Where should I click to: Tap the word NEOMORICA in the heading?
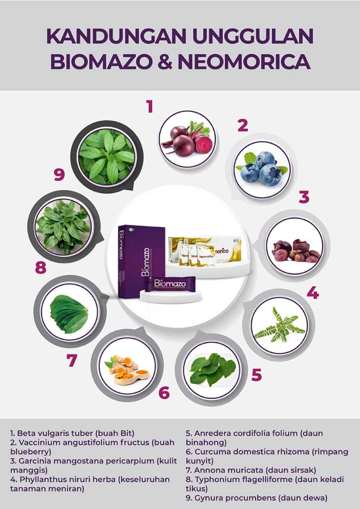(244, 62)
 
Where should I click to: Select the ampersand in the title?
(165, 62)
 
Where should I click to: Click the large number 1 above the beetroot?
(149, 106)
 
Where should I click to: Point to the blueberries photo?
(262, 170)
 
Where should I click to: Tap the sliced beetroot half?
(203, 145)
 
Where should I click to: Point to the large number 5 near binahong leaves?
(257, 375)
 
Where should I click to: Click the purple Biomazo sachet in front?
(170, 284)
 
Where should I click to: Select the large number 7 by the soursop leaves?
(72, 360)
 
